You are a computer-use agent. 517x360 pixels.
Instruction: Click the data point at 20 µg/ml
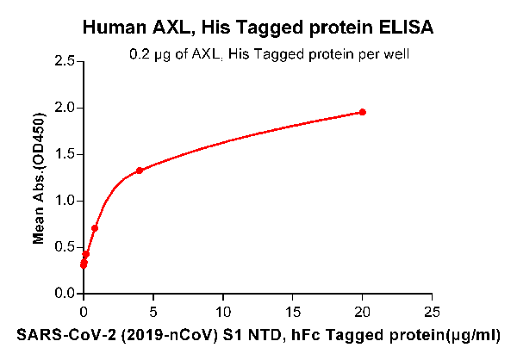tap(363, 112)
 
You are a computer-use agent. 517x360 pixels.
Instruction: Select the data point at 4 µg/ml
tap(140, 171)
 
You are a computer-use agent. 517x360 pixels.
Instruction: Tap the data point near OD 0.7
tap(95, 228)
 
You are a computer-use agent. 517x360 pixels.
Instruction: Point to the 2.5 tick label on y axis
tap(63, 61)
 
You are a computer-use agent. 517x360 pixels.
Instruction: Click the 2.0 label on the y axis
tap(63, 108)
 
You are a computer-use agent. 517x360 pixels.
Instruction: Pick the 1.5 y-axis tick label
tap(63, 154)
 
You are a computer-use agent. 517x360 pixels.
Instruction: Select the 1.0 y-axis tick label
tap(63, 201)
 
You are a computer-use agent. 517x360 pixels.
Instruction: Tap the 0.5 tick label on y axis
tap(63, 247)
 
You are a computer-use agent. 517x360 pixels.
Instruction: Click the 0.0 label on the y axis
tap(63, 294)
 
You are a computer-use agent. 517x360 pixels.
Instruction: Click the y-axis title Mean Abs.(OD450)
tap(38, 177)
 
